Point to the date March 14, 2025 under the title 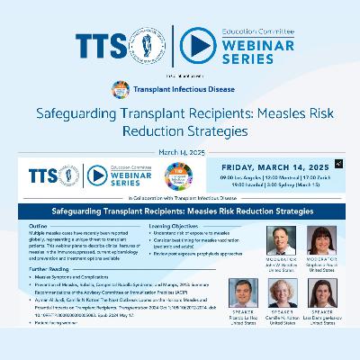[179, 150]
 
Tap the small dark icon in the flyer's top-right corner [337, 164]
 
